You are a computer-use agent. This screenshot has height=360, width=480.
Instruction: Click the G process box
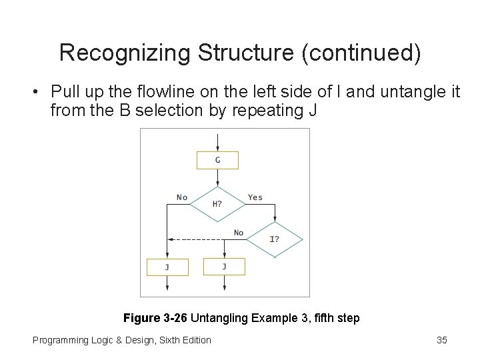pos(218,160)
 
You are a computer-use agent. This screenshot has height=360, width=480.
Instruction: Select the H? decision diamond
pos(218,203)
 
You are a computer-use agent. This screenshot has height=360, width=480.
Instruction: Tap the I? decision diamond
pos(274,239)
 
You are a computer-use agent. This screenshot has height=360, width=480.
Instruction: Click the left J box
pos(167,267)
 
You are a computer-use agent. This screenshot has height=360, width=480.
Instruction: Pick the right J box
pos(224,267)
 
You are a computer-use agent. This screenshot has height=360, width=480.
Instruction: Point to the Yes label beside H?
pos(255,197)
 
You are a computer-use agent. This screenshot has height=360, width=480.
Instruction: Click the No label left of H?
pos(182,197)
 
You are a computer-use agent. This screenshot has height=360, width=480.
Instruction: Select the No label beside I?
pos(238,233)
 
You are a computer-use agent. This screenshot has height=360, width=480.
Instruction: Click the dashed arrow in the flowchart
pos(200,239)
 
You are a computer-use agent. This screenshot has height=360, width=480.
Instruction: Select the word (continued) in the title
pos(361,53)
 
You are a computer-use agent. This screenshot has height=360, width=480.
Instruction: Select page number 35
pos(441,340)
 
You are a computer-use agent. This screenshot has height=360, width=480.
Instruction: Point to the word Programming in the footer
pos(61,340)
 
